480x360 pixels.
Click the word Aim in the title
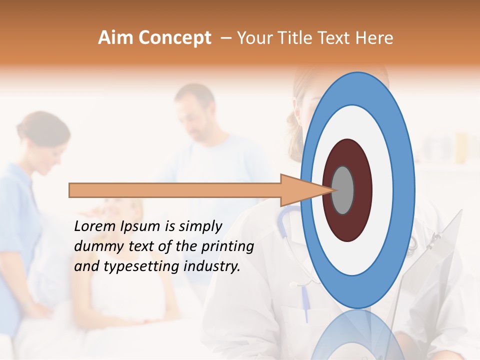click(115, 38)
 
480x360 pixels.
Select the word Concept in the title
click(175, 38)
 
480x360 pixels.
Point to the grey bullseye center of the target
click(343, 190)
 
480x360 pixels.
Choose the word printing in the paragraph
click(227, 247)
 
